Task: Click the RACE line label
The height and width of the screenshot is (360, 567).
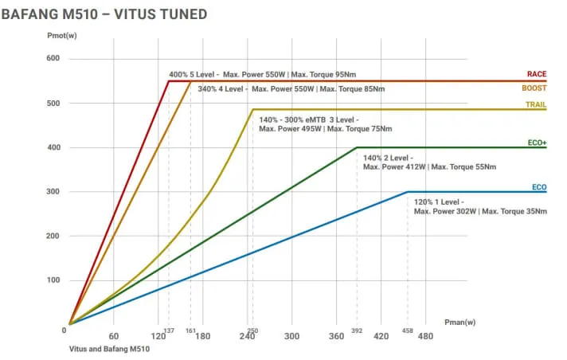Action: pos(536,74)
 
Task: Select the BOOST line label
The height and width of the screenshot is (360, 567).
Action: pos(534,88)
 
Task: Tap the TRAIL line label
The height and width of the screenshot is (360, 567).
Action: pos(535,104)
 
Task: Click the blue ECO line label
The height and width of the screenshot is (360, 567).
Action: pos(539,187)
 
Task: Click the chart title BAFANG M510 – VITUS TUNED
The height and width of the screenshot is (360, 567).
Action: pos(105,14)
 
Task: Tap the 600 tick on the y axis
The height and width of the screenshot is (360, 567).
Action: pos(53,59)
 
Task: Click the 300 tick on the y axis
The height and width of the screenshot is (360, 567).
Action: pos(53,192)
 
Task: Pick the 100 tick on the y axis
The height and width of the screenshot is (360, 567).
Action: pos(53,280)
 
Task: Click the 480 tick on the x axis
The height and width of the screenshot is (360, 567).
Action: pos(425,336)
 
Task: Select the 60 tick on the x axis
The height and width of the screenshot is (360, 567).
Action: pos(114,336)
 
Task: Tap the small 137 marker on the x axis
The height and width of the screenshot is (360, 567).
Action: pos(168,330)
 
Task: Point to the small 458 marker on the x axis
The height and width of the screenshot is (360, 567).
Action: pos(408,330)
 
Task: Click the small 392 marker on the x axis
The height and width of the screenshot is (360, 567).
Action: pos(356,330)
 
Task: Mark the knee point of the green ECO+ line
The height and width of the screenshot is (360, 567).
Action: pos(356,147)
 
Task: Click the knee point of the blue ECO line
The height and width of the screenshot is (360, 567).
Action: pos(408,192)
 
